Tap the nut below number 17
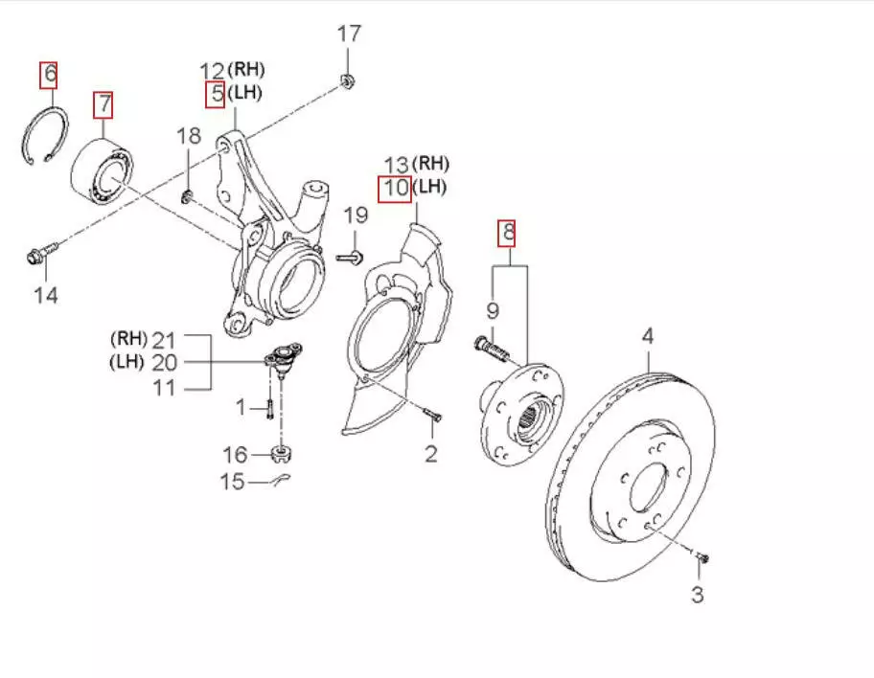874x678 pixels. click(x=349, y=80)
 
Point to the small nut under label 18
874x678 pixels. click(x=187, y=197)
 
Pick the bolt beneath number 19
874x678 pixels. click(x=352, y=256)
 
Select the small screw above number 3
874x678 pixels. click(x=701, y=556)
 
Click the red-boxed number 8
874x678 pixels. click(x=508, y=231)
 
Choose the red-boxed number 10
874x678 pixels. click(x=395, y=188)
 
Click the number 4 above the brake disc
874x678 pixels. click(x=648, y=335)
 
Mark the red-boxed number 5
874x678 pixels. click(x=218, y=94)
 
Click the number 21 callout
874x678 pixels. click(x=165, y=337)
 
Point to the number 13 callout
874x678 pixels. click(x=396, y=164)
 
